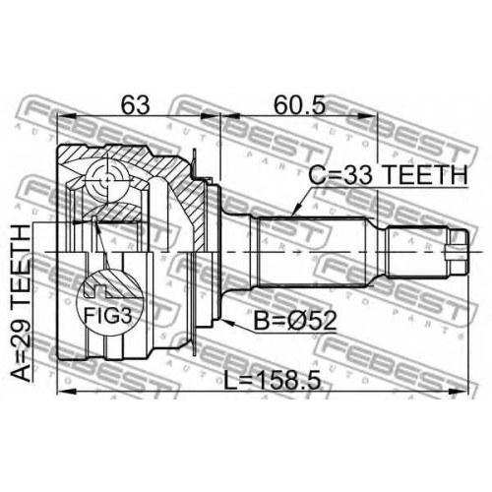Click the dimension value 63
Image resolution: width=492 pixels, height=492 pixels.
coord(136,104)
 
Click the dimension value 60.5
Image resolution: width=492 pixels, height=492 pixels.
coord(300,104)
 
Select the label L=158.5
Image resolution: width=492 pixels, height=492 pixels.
coord(273,381)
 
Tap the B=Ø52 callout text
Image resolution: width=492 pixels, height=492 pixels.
coord(295,321)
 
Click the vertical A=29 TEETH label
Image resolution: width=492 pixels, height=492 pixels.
coord(21,302)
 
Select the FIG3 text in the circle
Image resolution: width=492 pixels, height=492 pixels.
coord(108,316)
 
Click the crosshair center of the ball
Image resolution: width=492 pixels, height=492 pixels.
coord(107,179)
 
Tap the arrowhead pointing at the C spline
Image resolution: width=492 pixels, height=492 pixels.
coord(297,210)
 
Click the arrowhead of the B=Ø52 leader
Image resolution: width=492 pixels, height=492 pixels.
coord(228,322)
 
